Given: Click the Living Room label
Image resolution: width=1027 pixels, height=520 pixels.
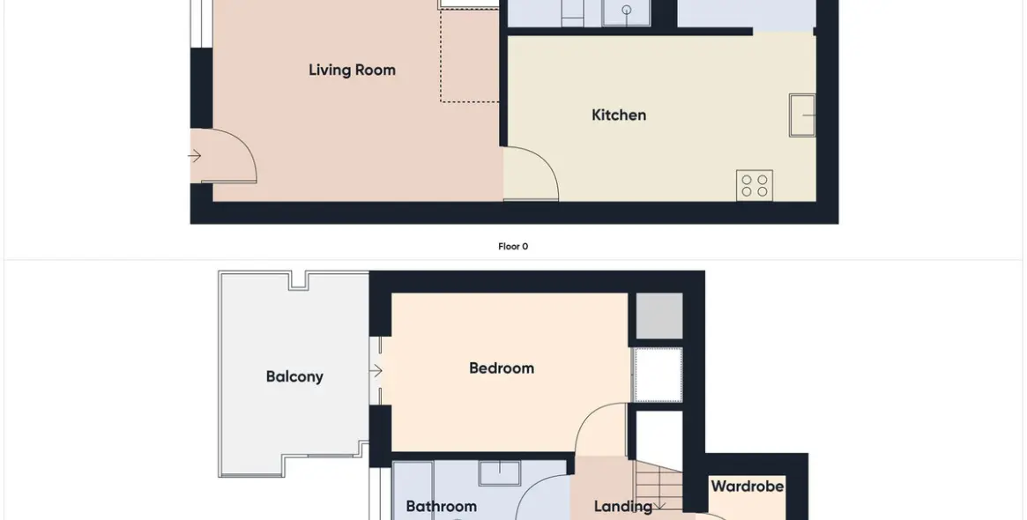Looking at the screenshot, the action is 352,71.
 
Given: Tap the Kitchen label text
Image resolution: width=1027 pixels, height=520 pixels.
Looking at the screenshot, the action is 619,115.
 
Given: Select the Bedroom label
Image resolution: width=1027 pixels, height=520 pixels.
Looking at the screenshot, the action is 502,368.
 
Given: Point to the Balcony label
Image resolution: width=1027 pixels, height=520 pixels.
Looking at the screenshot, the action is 294,376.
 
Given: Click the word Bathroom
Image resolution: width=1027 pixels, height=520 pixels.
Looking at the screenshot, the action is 442,506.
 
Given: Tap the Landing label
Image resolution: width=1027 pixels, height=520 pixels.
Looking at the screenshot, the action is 623,506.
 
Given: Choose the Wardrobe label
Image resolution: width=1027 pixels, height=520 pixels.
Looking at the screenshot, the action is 748,487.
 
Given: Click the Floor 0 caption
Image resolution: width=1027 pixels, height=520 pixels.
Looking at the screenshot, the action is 513,247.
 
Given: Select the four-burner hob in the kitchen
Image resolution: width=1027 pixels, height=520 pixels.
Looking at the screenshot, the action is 755,185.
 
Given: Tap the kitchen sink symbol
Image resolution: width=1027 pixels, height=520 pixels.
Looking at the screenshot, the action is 802,115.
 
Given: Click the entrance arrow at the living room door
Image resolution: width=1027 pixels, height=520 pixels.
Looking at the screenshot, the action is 195,156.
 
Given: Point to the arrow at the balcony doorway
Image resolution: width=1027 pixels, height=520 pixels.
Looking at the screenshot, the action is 376,371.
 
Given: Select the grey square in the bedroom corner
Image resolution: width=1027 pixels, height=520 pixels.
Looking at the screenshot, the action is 659,316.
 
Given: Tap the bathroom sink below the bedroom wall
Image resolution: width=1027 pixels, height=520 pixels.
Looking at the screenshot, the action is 500,472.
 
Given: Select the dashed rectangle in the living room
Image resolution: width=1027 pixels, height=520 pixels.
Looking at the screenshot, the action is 469,55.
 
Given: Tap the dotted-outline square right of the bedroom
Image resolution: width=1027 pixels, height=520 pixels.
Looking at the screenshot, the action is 659,375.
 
